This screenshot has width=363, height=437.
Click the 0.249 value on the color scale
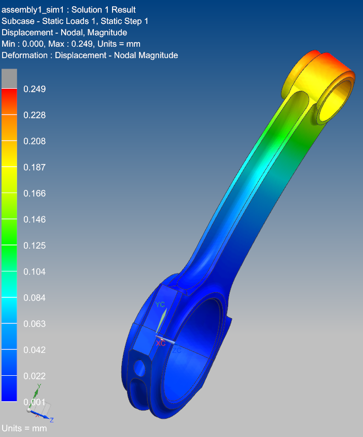(35, 89)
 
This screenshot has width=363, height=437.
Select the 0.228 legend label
(35, 115)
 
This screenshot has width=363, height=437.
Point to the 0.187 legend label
(35, 167)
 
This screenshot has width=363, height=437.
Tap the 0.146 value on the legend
(35, 220)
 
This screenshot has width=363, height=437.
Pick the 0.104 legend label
(35, 272)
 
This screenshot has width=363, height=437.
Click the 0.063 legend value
(35, 324)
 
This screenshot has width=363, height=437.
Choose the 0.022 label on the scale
(35, 376)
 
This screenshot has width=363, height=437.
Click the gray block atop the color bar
(9, 78)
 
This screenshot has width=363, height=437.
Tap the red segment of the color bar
(9, 101)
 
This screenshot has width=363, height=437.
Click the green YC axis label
(160, 304)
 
